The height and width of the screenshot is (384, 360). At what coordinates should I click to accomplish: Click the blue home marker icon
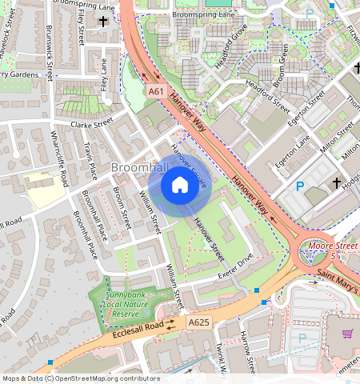coord(180,186)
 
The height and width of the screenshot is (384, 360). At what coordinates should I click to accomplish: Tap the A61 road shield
coord(156,93)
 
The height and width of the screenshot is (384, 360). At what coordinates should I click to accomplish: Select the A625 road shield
coord(199,322)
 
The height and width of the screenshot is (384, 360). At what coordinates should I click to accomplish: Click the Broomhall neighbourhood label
coord(140,168)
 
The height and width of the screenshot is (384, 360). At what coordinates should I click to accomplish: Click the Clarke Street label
coord(93,125)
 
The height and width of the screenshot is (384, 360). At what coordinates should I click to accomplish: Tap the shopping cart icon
coord(348,334)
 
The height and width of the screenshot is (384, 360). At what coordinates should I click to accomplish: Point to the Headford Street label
coord(268,94)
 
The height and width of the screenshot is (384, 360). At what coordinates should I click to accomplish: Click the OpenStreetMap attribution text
coord(80,378)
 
